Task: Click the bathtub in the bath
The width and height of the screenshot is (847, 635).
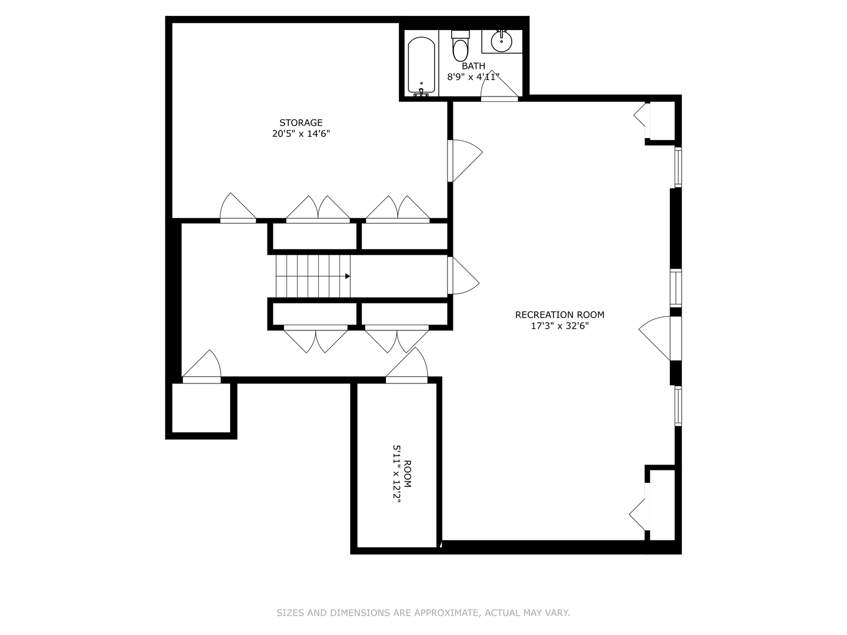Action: tap(421, 66)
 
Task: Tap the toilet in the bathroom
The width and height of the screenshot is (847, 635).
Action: tap(460, 46)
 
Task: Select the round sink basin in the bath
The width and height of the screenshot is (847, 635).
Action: tap(501, 42)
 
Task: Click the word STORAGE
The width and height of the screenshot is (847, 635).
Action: tap(301, 123)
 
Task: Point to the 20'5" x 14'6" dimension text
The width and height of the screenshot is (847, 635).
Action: tap(301, 134)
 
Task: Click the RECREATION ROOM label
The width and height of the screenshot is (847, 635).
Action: tap(559, 315)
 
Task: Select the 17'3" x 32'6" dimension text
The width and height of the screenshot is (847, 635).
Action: tap(559, 326)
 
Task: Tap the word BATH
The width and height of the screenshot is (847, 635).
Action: tap(473, 66)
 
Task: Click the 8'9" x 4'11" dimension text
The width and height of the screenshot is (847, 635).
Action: tap(473, 76)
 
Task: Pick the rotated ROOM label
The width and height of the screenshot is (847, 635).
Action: tap(407, 474)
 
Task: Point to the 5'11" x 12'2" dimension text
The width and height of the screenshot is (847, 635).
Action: tap(396, 474)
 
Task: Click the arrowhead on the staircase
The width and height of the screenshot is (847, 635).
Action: tap(347, 276)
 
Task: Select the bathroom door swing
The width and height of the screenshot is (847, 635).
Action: tap(499, 86)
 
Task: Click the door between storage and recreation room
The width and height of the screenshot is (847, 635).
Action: tap(465, 161)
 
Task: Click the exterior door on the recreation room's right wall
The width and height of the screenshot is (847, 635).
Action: tap(660, 338)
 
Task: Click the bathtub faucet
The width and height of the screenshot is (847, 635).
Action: tap(421, 92)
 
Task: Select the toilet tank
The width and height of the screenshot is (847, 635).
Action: tap(461, 34)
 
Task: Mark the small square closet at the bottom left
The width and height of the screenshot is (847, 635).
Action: tap(201, 408)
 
